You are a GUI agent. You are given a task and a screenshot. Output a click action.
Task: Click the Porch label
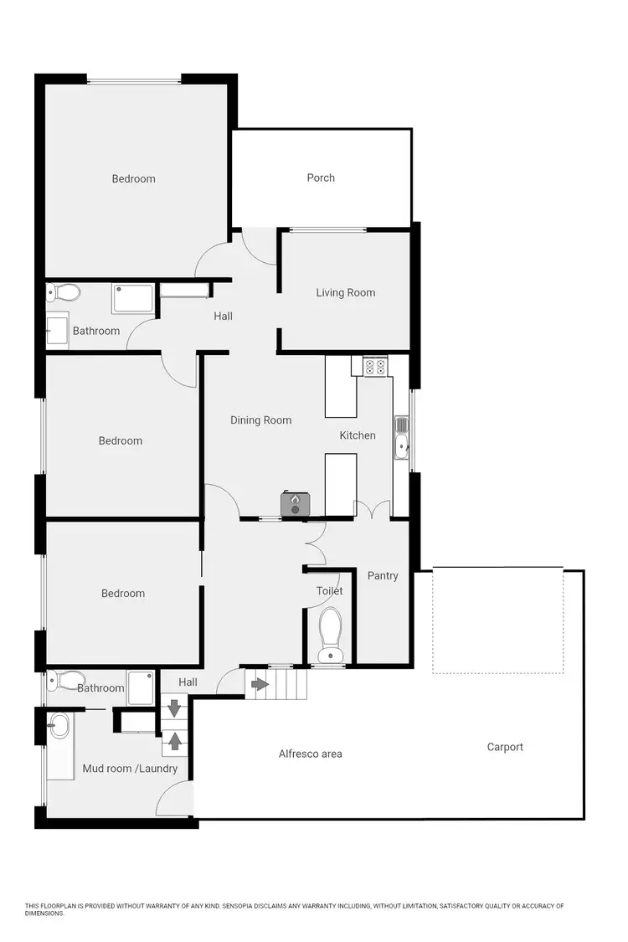(321, 178)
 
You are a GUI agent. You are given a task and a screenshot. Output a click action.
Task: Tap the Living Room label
(345, 292)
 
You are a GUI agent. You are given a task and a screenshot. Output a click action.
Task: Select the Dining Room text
(261, 420)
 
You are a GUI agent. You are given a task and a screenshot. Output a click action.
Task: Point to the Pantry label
(383, 575)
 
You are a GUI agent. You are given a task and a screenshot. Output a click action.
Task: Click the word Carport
(505, 747)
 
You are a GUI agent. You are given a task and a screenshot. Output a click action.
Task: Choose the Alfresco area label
(310, 754)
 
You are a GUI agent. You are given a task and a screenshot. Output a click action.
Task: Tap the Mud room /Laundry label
(130, 768)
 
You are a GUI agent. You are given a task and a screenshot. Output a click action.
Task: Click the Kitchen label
(358, 435)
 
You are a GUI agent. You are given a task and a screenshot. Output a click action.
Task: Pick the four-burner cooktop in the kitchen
(375, 366)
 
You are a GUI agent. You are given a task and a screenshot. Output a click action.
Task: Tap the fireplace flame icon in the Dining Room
(295, 501)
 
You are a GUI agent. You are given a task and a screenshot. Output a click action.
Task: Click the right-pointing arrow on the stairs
(260, 684)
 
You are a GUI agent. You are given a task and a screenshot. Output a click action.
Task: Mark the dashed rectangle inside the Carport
(497, 620)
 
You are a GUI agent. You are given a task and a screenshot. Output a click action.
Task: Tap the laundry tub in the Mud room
(59, 727)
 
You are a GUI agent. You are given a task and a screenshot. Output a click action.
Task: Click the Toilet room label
(329, 590)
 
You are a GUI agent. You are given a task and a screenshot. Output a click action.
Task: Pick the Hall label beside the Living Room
(223, 316)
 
